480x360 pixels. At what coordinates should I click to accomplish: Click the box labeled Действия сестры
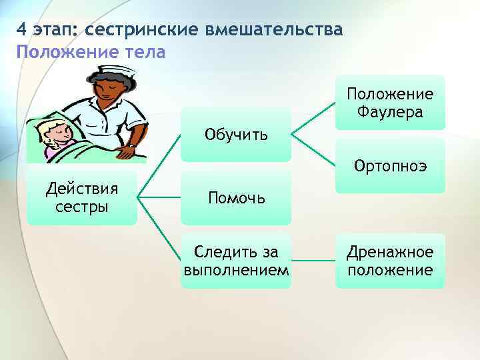coord(82,197)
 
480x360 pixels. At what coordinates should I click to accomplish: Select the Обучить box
coord(236,135)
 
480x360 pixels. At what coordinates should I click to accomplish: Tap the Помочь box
coord(236,197)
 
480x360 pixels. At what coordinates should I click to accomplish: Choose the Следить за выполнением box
coord(236,260)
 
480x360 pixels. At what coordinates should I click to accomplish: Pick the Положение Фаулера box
coord(389,103)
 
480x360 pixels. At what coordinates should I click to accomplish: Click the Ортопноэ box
coord(389,165)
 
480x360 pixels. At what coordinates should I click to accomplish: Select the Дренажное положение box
coord(389,260)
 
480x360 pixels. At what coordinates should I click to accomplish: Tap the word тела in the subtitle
coord(141,51)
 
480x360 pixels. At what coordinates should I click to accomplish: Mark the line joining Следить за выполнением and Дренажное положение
coord(313,260)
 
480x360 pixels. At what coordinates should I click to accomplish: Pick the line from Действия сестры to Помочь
coord(159,197)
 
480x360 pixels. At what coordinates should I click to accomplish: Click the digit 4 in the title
coord(22,30)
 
